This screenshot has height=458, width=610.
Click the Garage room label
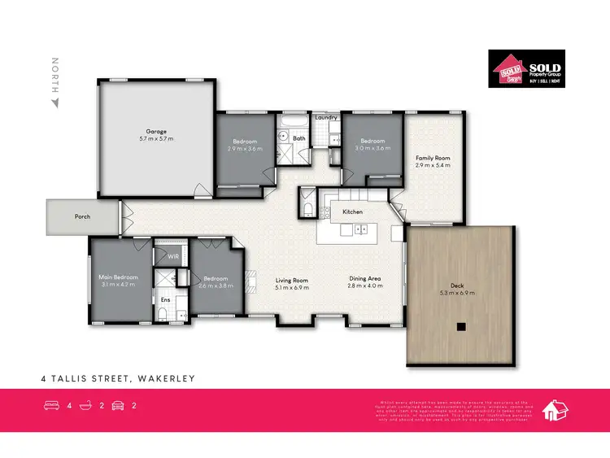(x=155, y=131)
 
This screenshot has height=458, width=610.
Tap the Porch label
(x=82, y=217)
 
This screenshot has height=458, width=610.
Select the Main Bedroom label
(x=120, y=277)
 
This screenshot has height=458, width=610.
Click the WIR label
(x=172, y=256)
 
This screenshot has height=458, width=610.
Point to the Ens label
(x=165, y=300)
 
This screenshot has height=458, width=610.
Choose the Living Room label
(x=291, y=279)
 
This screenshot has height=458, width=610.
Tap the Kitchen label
(x=352, y=212)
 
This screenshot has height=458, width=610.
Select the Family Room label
(x=433, y=158)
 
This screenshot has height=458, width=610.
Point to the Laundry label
(x=326, y=117)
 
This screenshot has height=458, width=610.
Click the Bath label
(x=299, y=138)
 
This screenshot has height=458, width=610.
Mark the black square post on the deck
(x=461, y=328)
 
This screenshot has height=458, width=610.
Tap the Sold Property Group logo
(x=525, y=68)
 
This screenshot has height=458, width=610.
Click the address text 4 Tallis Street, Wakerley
(x=119, y=378)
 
